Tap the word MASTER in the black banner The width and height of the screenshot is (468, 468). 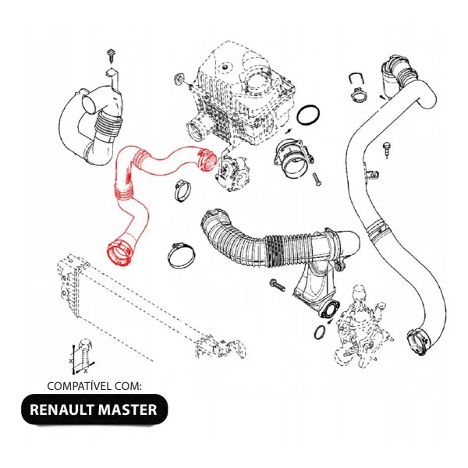(126, 409)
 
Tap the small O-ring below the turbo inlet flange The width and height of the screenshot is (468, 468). (320, 333)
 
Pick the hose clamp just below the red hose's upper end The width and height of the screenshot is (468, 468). (185, 188)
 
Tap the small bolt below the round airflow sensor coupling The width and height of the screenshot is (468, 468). (317, 179)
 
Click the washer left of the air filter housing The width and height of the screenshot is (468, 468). (179, 79)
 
